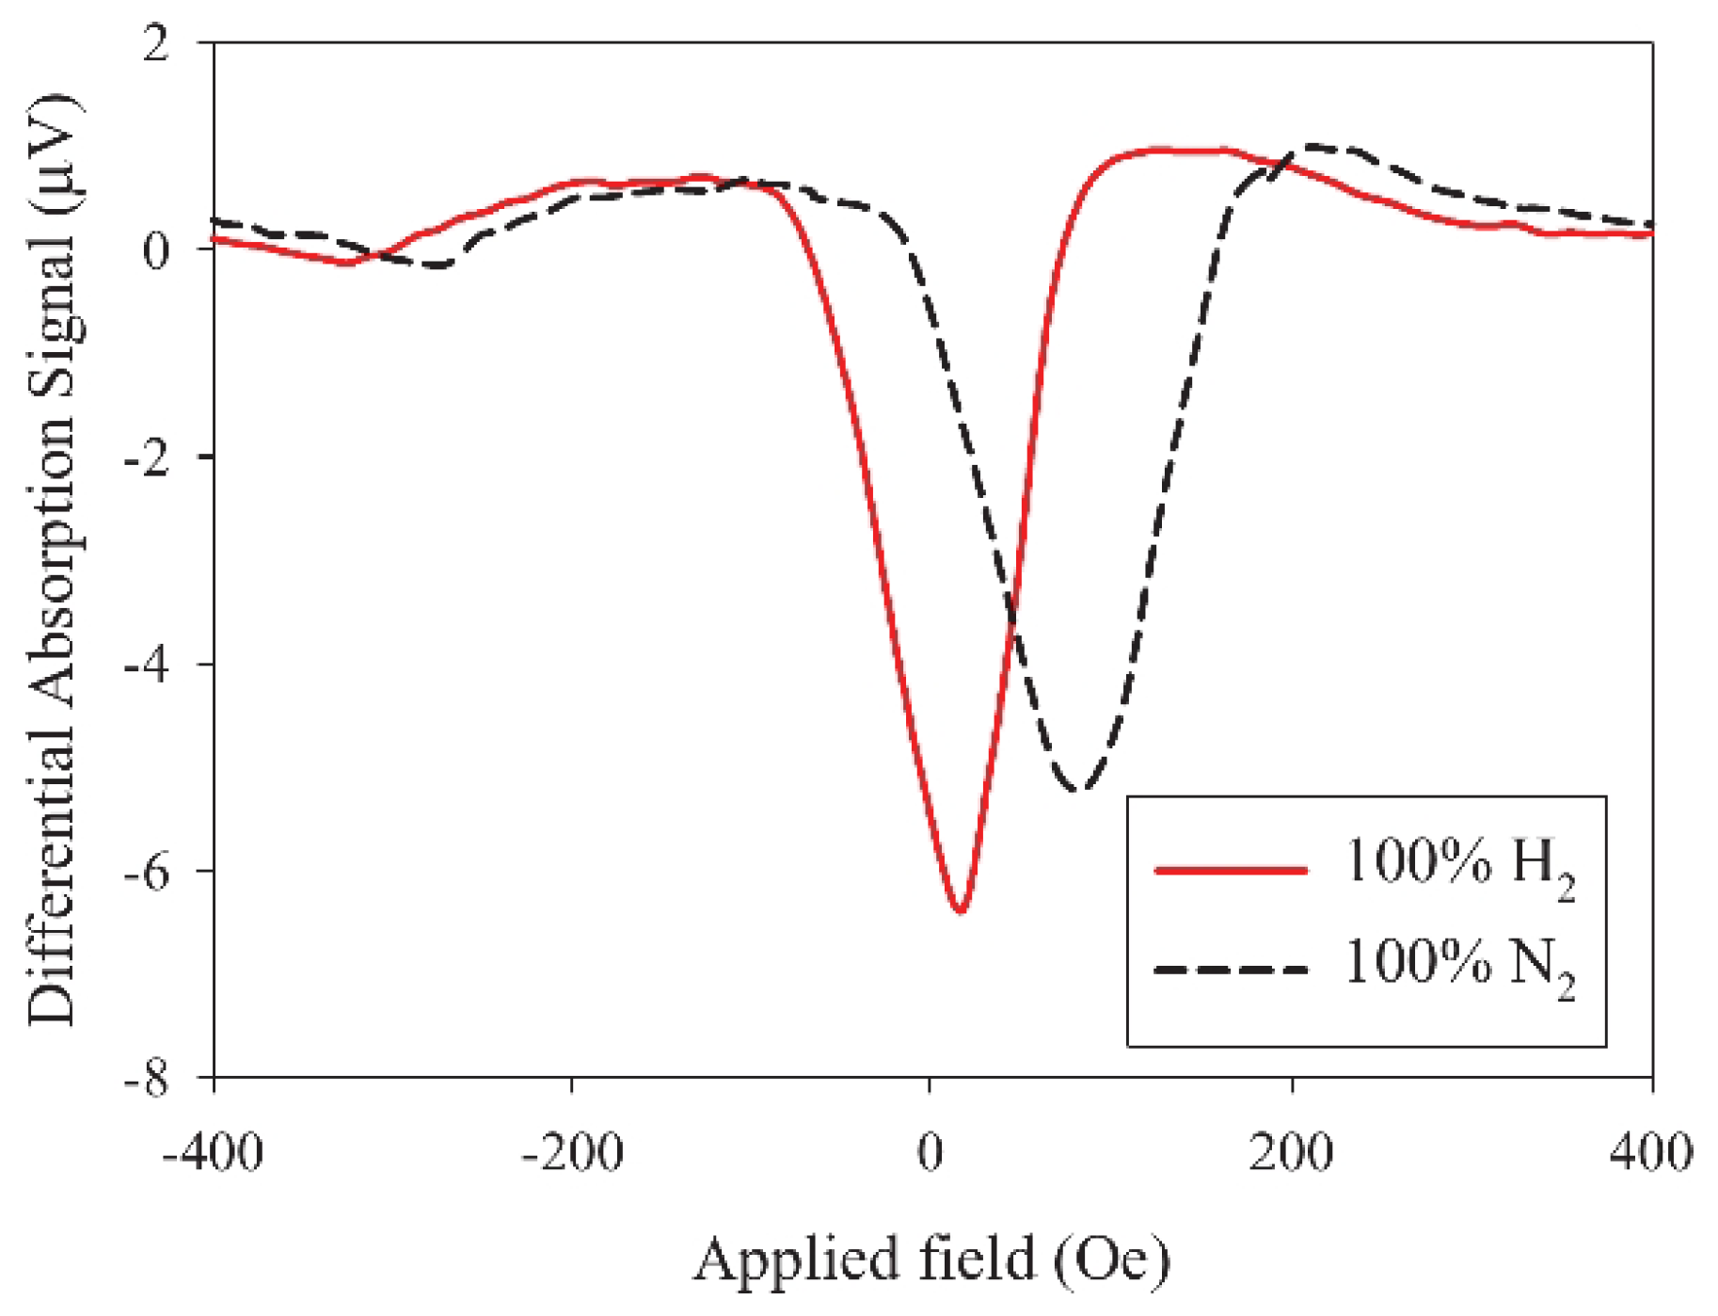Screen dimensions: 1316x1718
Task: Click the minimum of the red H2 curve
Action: [x=960, y=910]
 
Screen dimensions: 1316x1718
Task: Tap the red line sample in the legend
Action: [x=1231, y=871]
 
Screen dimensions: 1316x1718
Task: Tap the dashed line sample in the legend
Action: [x=1231, y=970]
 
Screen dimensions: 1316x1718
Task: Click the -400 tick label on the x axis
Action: [x=214, y=1152]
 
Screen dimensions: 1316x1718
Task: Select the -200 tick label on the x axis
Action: [x=572, y=1152]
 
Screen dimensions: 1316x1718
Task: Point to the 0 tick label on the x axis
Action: [x=930, y=1152]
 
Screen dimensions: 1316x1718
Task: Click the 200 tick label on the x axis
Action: [x=1291, y=1152]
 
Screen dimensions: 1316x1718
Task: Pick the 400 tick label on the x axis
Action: [x=1650, y=1152]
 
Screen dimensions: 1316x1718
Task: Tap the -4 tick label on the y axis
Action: [x=147, y=666]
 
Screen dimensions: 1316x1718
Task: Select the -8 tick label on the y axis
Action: [x=147, y=1079]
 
